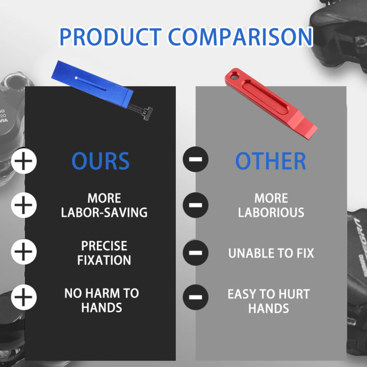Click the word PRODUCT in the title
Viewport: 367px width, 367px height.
point(111,37)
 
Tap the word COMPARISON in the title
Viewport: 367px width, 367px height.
point(240,37)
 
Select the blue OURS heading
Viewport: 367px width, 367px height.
point(100,161)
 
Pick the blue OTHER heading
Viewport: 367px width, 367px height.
point(271,161)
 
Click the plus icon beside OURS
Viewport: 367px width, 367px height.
point(23,161)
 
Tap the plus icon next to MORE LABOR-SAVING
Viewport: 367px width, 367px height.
point(23,205)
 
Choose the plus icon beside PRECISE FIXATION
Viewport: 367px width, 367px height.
point(23,252)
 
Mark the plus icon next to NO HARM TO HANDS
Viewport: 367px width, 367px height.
point(23,297)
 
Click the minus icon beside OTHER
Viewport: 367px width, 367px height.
point(195,159)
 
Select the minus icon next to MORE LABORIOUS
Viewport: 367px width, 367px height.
point(195,205)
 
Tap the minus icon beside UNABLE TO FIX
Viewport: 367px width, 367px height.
point(195,252)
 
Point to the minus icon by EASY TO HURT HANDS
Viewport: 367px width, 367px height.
point(195,297)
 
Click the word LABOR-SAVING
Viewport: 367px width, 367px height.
point(104,213)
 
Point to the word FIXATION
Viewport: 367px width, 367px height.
point(104,260)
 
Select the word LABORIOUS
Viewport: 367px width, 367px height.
point(271,213)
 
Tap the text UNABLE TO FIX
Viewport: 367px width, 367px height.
point(271,253)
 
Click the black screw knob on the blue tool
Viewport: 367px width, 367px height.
point(148,114)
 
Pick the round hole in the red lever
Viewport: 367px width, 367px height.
point(234,76)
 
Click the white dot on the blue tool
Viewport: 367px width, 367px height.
point(76,78)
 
